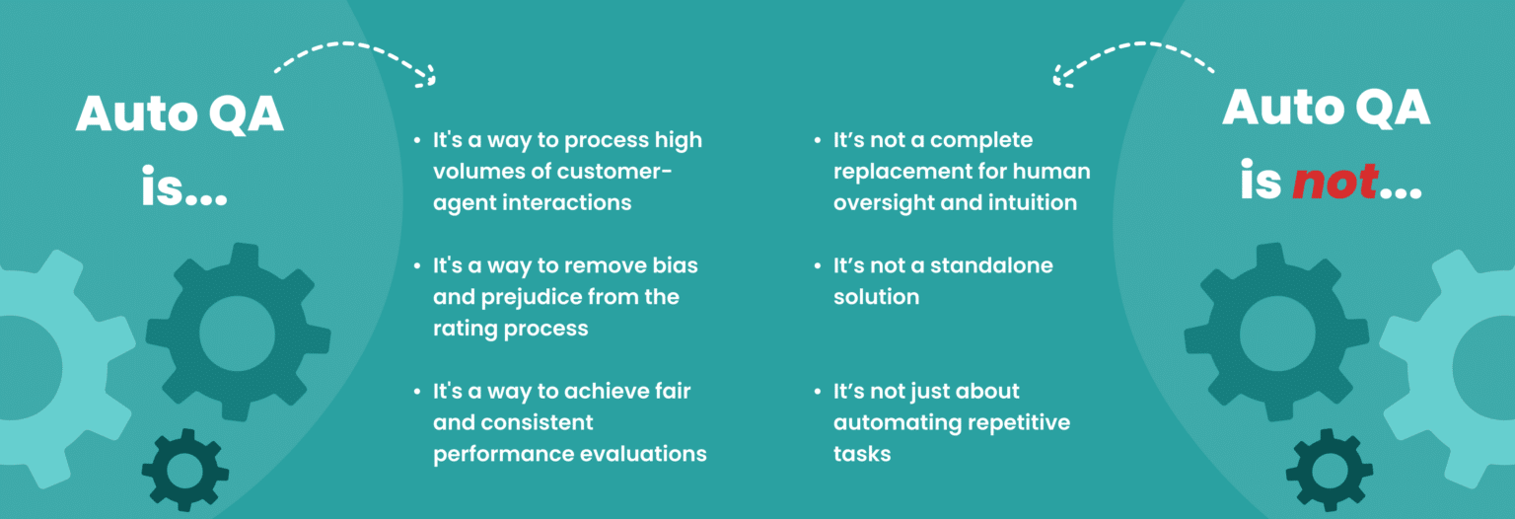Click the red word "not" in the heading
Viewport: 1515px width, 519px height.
pos(1335,182)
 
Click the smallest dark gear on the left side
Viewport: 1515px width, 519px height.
pos(184,470)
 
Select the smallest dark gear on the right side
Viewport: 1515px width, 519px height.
pos(1329,470)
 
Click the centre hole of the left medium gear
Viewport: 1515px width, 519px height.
pos(238,333)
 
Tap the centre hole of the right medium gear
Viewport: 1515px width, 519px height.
pos(1277,333)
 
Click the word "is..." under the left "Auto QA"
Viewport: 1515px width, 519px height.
pos(184,185)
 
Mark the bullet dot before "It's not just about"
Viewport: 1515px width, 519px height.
pos(817,391)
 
